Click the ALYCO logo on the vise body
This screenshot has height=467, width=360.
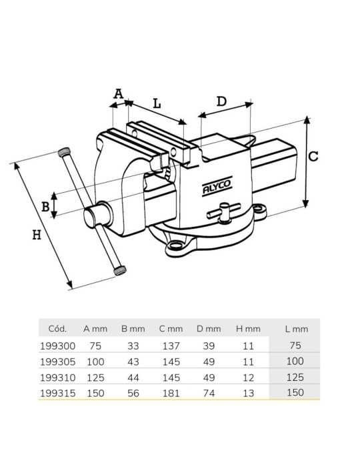tap(217, 186)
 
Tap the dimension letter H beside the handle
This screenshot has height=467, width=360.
tap(37, 235)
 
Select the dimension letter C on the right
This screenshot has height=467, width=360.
tap(313, 156)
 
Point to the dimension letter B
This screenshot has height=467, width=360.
tap(45, 207)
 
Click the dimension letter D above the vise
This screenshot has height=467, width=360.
tap(221, 101)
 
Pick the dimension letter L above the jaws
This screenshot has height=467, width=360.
tap(157, 103)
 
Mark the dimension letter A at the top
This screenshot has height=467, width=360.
tap(119, 94)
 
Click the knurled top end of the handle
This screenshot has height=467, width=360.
tap(64, 152)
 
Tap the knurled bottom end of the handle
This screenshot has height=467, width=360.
tap(120, 270)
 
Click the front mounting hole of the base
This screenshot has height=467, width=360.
tap(175, 245)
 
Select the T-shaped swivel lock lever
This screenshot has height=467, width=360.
tap(223, 212)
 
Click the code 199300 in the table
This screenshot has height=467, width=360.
tap(58, 346)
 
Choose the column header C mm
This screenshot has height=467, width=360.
tap(171, 329)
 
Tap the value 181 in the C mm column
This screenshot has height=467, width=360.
tap(171, 393)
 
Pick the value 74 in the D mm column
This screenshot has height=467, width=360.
tap(209, 393)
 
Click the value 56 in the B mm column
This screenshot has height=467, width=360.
tap(133, 393)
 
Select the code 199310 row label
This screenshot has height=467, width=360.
tap(58, 378)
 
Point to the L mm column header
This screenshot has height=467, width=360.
tap(296, 329)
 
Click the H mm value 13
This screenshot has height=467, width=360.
tap(248, 393)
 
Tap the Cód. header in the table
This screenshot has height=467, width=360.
tap(57, 329)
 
